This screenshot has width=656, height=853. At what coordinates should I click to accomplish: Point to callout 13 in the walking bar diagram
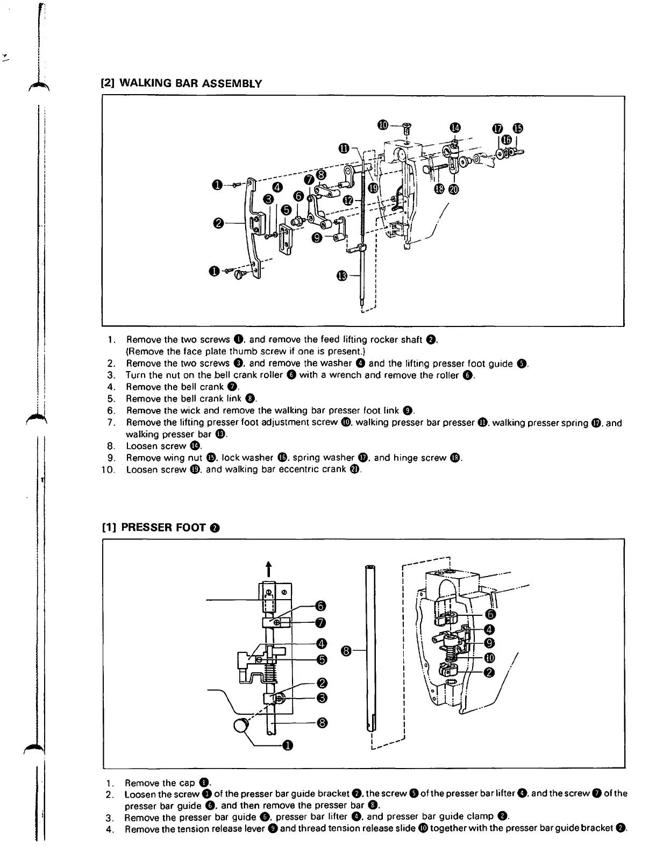tap(343, 276)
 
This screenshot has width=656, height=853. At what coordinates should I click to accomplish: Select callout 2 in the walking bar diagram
tap(218, 223)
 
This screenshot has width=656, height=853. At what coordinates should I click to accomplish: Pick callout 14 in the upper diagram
tap(455, 127)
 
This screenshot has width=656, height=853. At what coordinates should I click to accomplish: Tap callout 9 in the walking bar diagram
tap(317, 237)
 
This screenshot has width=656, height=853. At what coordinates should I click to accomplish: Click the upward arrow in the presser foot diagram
tap(267, 568)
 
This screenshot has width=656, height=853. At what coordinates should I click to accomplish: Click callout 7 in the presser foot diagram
tap(320, 623)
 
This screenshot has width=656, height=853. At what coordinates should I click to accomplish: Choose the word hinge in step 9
tap(404, 458)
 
